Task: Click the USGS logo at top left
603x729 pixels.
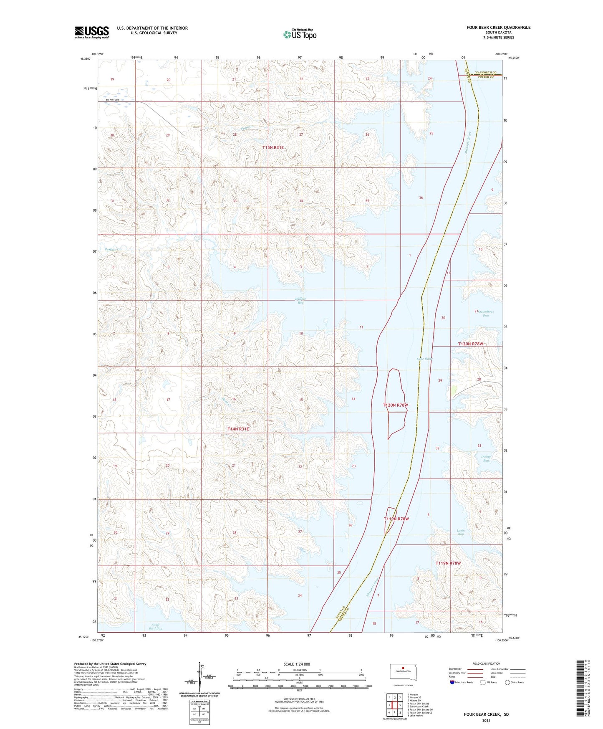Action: pos(91,32)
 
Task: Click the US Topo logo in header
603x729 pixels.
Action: pos(299,34)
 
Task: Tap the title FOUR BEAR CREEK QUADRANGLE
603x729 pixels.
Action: pos(498,28)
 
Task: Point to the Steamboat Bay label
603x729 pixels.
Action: pos(485,314)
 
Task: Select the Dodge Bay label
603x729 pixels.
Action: pos(486,458)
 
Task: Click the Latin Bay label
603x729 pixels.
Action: pos(460,532)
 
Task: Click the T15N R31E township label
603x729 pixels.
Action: pos(273,147)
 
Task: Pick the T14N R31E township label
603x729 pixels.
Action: pos(238,429)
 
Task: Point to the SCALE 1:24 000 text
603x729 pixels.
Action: pos(297,664)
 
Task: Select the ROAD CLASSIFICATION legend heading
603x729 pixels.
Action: pos(486,663)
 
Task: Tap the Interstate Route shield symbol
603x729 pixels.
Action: pos(452,682)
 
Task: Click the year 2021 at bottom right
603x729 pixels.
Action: pos(486,720)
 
